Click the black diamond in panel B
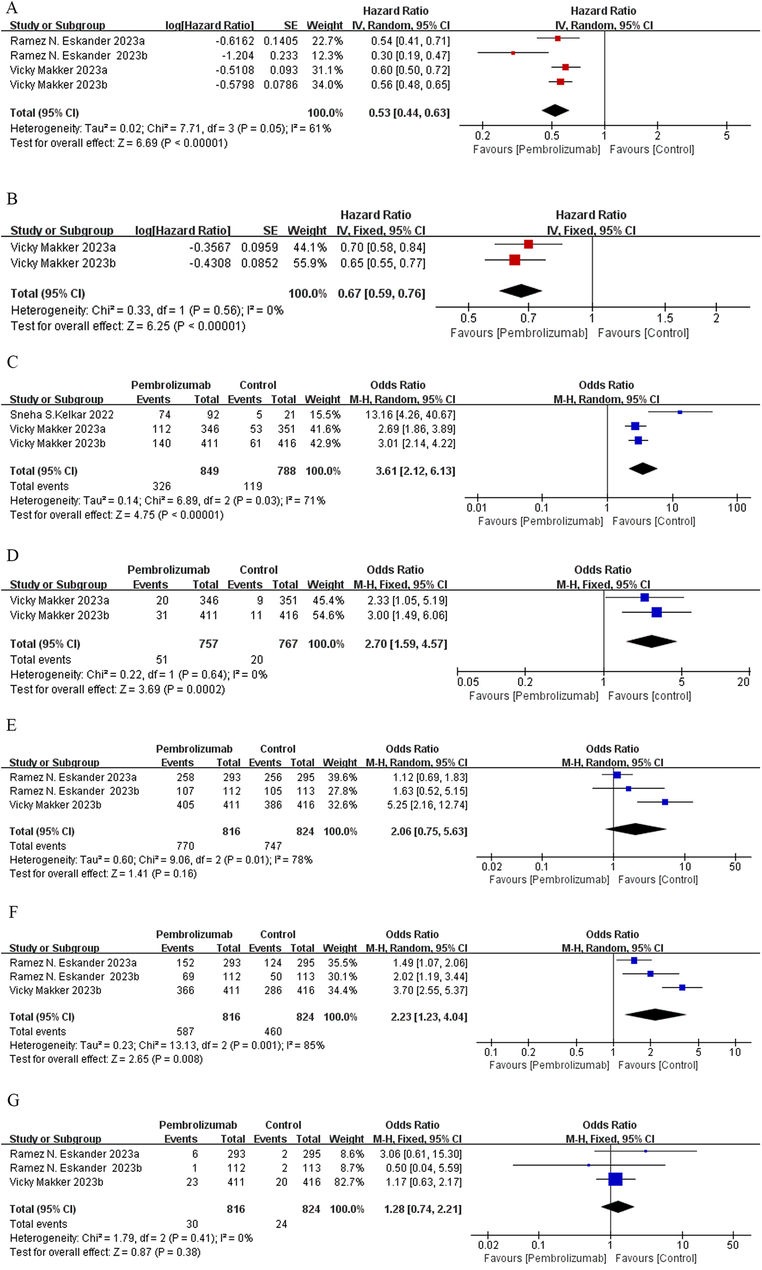point(520,291)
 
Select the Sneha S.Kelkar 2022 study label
point(61,414)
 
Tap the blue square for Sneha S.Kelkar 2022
point(680,411)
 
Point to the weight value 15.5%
point(322,414)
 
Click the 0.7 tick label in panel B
point(528,319)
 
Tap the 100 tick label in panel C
point(737,507)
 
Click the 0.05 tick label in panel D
point(468,682)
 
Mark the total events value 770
point(185,846)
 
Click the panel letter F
point(13,912)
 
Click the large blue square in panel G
point(615,1179)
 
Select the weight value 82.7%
point(346,1182)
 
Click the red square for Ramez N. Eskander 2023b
point(513,53)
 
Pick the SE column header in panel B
point(270,231)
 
